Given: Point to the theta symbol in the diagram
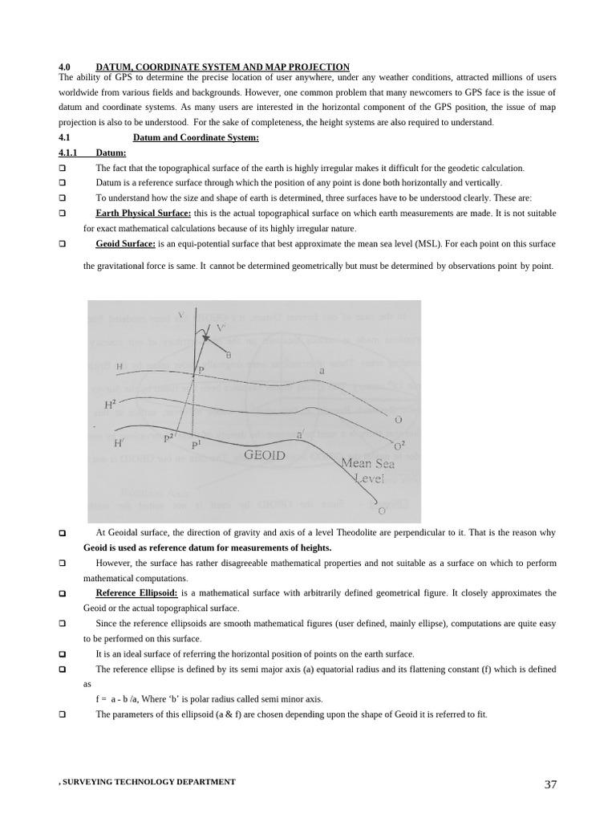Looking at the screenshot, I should tap(229, 353).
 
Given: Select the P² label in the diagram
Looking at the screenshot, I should tap(169, 437).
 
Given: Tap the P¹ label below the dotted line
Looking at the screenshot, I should tap(196, 444).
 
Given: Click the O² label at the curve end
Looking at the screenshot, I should tap(399, 446).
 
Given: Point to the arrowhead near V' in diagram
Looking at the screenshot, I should tap(206, 339).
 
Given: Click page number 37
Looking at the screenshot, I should tap(550, 784).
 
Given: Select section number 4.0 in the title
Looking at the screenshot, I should tap(66, 67).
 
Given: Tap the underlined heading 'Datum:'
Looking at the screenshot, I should tap(111, 153).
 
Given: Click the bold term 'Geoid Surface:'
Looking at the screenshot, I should tap(125, 243).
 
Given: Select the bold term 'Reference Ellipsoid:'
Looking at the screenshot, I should tap(137, 593).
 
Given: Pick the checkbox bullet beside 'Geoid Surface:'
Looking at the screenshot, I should tap(63, 244).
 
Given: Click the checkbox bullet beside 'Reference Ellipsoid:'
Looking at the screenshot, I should tap(63, 594).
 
